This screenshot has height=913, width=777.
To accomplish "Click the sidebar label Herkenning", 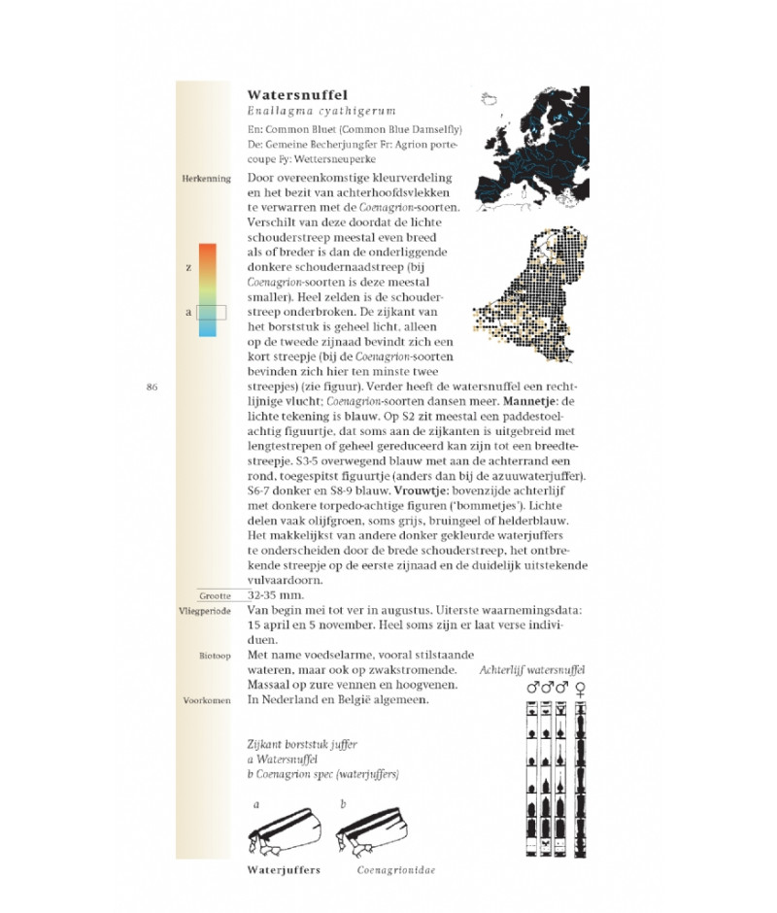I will click(206, 180).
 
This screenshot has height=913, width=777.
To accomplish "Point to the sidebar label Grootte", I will click(216, 595).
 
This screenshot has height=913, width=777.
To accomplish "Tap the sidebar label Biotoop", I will click(214, 657).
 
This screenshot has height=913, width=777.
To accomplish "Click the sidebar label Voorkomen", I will click(207, 699).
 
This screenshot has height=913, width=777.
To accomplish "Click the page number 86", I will click(152, 387).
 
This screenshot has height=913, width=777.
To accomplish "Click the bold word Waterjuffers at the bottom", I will click(285, 871).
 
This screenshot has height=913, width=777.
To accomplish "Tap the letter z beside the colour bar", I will click(189, 265).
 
